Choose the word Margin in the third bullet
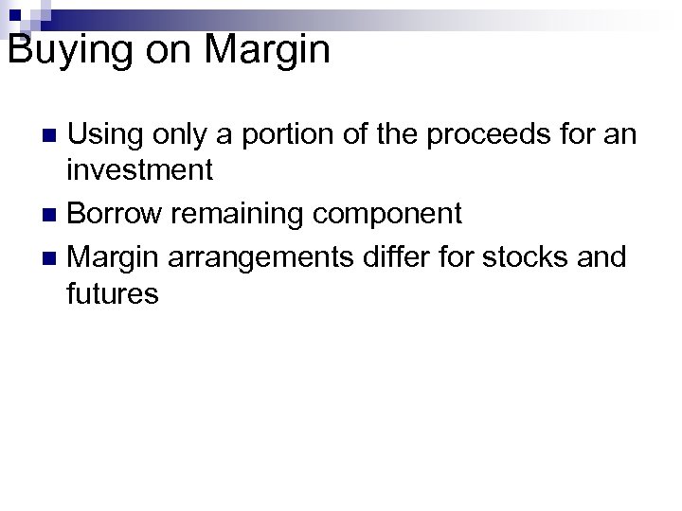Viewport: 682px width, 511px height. point(115,255)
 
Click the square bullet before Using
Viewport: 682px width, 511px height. point(53,135)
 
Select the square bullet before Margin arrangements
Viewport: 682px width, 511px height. point(53,255)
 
